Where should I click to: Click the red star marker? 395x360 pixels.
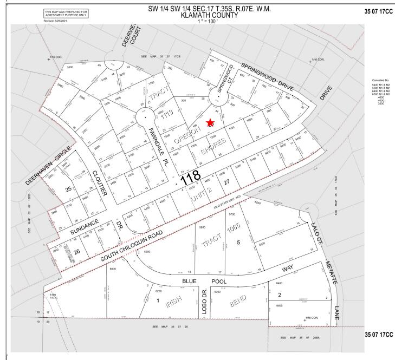coord(210,123)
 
